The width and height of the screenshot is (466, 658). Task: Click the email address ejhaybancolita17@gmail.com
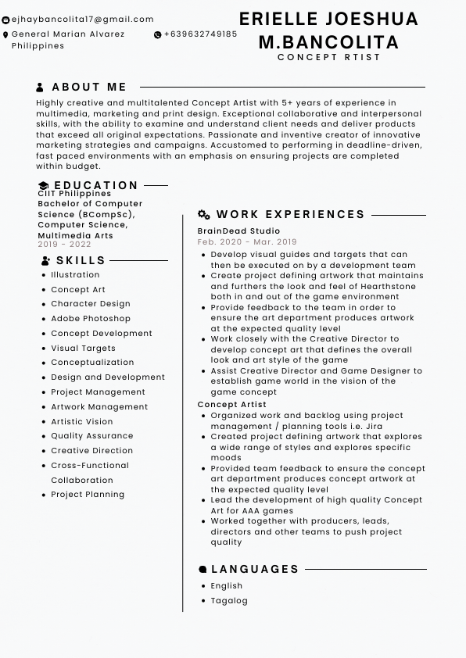pyautogui.click(x=82, y=20)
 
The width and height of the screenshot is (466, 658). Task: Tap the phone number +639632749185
pyautogui.click(x=200, y=34)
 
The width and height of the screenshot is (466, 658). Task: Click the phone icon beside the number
pyautogui.click(x=158, y=35)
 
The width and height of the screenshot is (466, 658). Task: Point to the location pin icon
pyautogui.click(x=6, y=35)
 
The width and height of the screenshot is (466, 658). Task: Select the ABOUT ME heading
pyautogui.click(x=89, y=88)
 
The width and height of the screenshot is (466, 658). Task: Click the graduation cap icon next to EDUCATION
pyautogui.click(x=44, y=186)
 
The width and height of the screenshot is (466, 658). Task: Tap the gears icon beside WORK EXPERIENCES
pyautogui.click(x=204, y=214)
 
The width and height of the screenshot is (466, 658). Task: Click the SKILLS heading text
pyautogui.click(x=81, y=260)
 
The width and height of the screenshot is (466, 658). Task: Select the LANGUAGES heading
pyautogui.click(x=255, y=570)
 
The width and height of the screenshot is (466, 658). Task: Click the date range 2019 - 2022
pyautogui.click(x=64, y=245)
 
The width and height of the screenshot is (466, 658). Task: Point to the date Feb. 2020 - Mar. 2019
pyautogui.click(x=247, y=242)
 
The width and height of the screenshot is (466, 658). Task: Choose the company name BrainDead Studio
pyautogui.click(x=238, y=231)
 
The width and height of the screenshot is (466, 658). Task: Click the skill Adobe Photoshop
pyautogui.click(x=91, y=319)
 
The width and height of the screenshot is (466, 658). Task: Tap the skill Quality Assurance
pyautogui.click(x=92, y=436)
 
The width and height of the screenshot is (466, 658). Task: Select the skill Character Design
pyautogui.click(x=91, y=304)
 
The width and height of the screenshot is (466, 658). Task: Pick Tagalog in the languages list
pyautogui.click(x=229, y=601)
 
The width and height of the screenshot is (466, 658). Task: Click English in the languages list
pyautogui.click(x=227, y=586)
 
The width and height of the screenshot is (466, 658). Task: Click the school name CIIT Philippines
pyautogui.click(x=74, y=194)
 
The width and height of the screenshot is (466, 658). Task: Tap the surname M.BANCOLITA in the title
pyautogui.click(x=328, y=42)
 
